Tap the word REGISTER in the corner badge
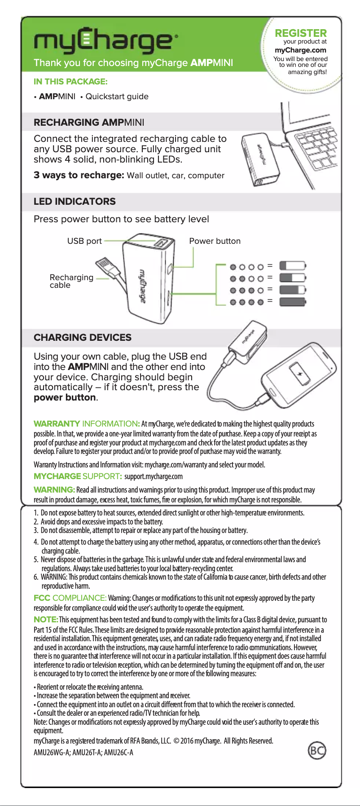(x=301, y=33)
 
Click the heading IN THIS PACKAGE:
(x=70, y=82)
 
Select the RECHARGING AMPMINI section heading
(x=89, y=123)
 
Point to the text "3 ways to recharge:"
(x=79, y=175)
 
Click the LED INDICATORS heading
(x=75, y=202)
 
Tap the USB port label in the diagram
(x=84, y=241)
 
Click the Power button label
(x=215, y=241)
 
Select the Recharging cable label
(x=71, y=281)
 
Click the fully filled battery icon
(x=292, y=301)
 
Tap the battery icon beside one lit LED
(x=292, y=266)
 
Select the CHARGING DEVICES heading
(x=83, y=338)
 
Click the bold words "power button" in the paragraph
(x=65, y=397)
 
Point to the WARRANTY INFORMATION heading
(x=87, y=424)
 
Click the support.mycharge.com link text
(x=154, y=476)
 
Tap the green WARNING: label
(x=54, y=489)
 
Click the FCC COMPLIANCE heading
(x=70, y=598)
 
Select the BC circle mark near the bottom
(x=317, y=750)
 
